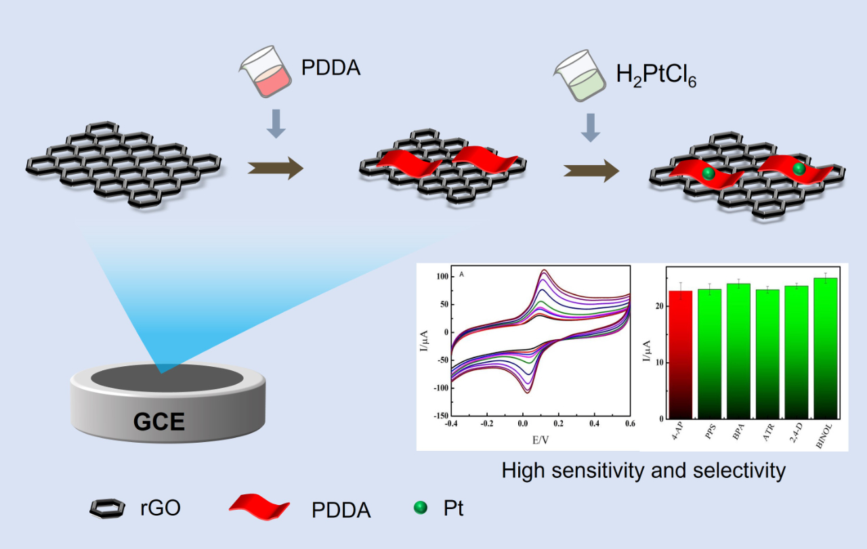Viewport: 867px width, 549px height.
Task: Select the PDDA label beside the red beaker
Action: [x=331, y=68]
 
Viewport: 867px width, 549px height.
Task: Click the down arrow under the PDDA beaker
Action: [x=274, y=124]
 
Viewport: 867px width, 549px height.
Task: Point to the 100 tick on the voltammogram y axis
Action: [x=440, y=277]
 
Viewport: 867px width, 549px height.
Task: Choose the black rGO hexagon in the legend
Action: [x=108, y=509]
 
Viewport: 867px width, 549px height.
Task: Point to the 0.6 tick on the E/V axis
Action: [x=630, y=424]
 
